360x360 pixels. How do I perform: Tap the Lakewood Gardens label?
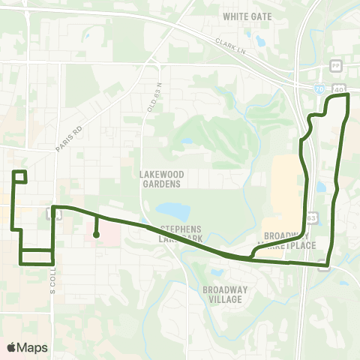160,178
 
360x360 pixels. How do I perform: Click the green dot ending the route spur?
97,235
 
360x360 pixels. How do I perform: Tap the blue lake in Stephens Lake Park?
172,211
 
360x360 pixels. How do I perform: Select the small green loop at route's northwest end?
20,177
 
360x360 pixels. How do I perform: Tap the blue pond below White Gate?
261,40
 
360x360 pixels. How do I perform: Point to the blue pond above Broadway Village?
217,273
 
